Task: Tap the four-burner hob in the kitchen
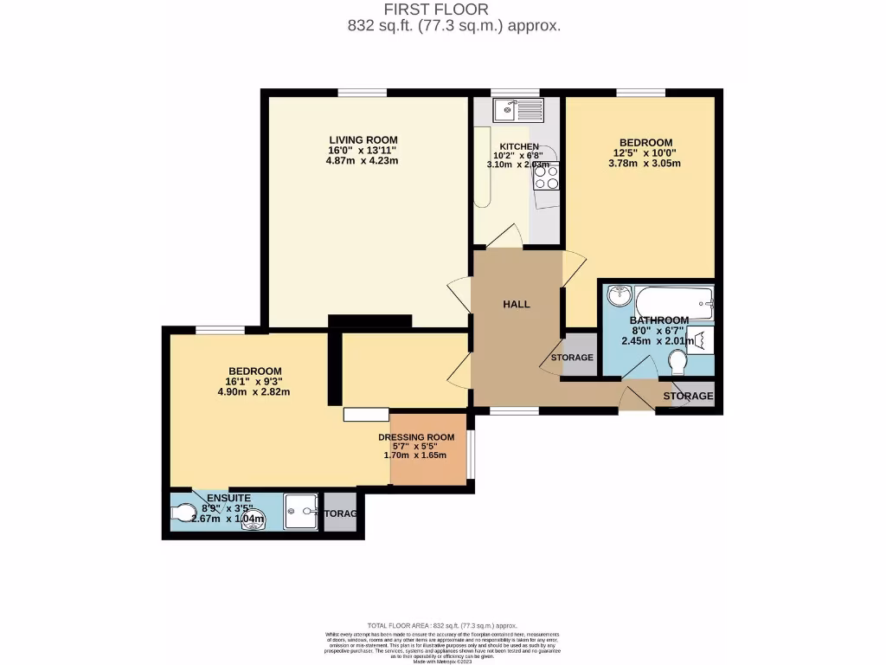[x=546, y=177]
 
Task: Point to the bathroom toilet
[x=677, y=367]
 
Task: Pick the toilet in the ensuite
[x=184, y=513]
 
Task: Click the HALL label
[x=517, y=304]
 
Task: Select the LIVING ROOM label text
[x=363, y=139]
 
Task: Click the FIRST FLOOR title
[x=442, y=10]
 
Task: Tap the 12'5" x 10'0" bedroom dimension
[x=645, y=152]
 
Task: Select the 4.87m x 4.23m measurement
[x=363, y=160]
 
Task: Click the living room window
[x=363, y=93]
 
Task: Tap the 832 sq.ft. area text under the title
[x=453, y=26]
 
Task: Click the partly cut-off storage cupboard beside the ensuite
[x=340, y=513]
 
